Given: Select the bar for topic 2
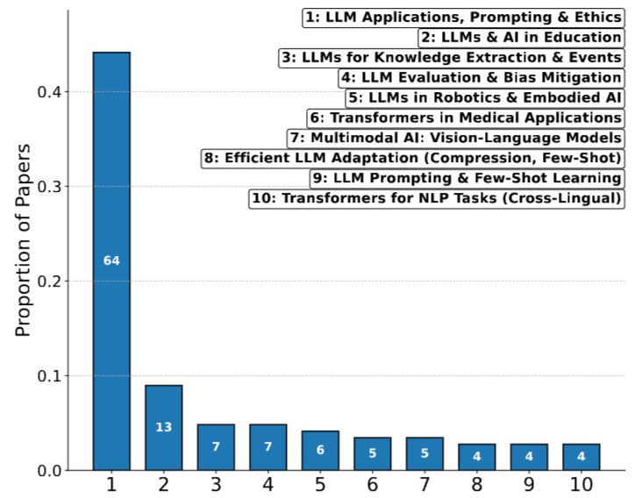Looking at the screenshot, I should click(x=163, y=428).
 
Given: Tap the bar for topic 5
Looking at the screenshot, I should click(x=320, y=451).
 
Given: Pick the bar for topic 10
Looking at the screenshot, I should click(x=581, y=457).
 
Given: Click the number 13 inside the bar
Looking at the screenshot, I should click(x=163, y=428).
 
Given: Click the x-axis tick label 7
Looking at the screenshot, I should click(x=424, y=485).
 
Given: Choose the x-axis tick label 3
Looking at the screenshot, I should click(x=216, y=485).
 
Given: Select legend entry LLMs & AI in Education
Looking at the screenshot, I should click(x=521, y=38).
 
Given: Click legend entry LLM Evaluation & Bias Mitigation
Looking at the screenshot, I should click(x=481, y=78).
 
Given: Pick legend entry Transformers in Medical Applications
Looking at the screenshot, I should click(x=465, y=118).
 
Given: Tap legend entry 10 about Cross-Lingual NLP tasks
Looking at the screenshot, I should click(x=437, y=199).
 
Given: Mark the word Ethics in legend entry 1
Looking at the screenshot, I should click(x=598, y=18).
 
